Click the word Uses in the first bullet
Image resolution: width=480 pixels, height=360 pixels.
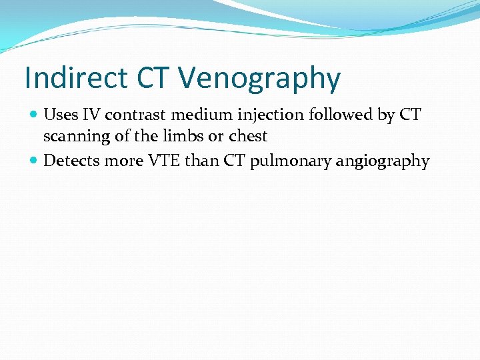pyautogui.click(x=60, y=115)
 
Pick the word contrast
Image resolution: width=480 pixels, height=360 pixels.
pyautogui.click(x=137, y=115)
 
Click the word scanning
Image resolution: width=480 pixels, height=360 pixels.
pyautogui.click(x=73, y=137)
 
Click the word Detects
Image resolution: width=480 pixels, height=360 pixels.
pyautogui.click(x=69, y=161)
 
